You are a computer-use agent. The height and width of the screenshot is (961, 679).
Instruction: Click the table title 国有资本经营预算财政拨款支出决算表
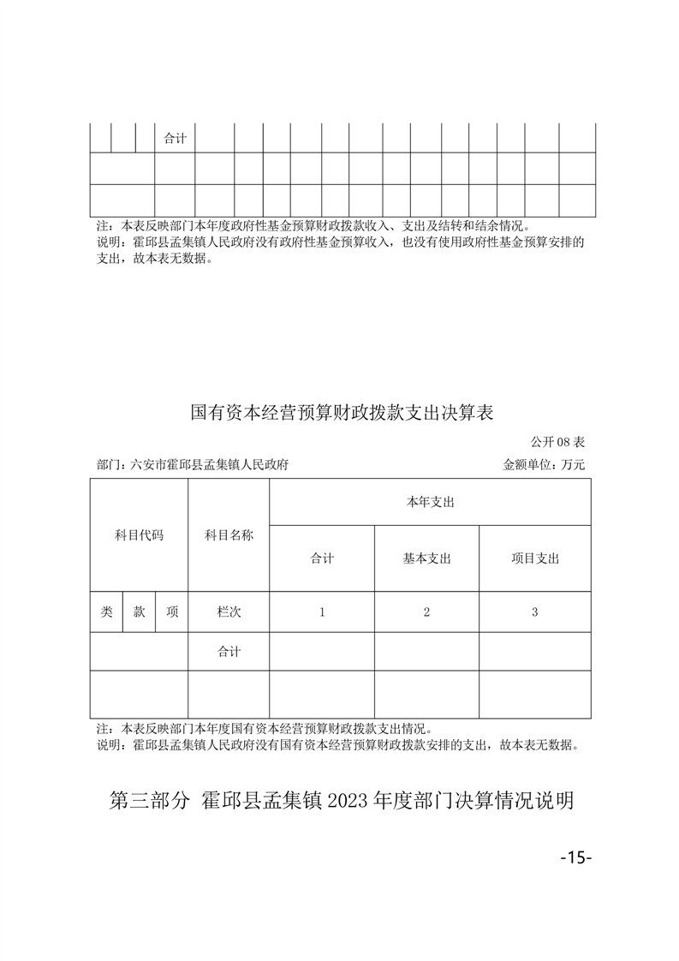(x=342, y=413)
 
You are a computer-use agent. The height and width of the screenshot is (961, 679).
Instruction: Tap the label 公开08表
(x=557, y=442)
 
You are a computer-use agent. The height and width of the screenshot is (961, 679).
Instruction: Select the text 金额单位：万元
(x=544, y=465)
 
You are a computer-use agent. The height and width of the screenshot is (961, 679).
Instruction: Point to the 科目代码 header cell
(x=139, y=535)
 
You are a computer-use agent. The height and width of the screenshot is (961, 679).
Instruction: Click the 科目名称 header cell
(x=229, y=535)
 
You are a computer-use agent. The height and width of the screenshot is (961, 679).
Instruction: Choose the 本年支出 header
(x=430, y=502)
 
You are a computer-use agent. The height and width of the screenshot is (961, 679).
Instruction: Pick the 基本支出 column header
(x=426, y=558)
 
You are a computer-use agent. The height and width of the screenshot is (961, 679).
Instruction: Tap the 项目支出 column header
(x=535, y=558)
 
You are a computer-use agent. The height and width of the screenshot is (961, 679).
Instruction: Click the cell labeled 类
(x=106, y=612)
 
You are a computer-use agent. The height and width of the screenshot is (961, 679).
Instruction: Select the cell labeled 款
(x=139, y=612)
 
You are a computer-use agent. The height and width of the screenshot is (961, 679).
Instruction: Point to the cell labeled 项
(x=172, y=612)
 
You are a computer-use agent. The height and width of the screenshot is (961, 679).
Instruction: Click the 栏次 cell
(x=229, y=612)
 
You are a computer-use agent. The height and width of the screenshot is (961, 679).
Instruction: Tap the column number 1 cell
(x=322, y=612)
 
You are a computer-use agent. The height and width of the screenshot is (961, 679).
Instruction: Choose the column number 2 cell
(x=426, y=612)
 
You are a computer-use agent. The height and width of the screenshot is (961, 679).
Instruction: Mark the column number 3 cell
(x=535, y=612)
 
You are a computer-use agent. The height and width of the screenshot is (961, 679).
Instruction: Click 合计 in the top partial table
(x=175, y=138)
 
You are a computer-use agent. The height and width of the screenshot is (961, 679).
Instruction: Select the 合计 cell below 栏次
(x=229, y=652)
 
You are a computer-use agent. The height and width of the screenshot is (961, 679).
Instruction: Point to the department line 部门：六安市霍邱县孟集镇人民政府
(x=193, y=465)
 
